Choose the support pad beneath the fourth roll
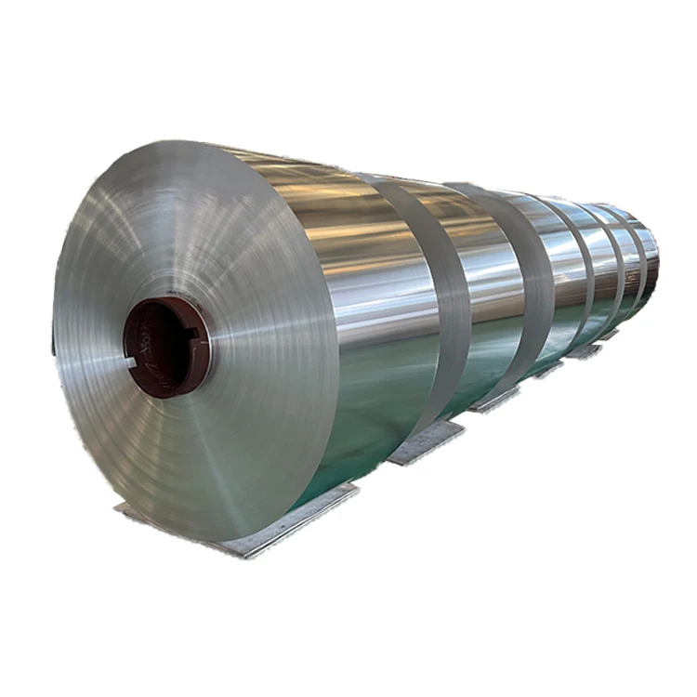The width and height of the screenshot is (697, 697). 548,369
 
